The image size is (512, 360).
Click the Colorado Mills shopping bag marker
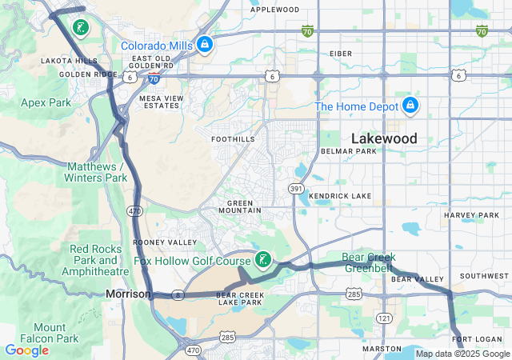(205, 44)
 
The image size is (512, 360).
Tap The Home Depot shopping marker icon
(410, 106)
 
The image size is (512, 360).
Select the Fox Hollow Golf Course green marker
(262, 259)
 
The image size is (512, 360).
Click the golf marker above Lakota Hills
(80, 28)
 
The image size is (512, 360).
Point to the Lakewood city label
(384, 138)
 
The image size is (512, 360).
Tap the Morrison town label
(127, 294)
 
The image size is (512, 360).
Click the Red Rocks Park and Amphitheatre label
(98, 260)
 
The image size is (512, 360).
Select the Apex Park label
(46, 102)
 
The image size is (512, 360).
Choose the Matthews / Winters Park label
(97, 171)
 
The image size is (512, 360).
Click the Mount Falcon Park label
(55, 333)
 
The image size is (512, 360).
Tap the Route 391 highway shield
(295, 188)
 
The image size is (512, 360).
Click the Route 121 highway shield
(384, 318)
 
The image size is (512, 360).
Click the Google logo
(26, 350)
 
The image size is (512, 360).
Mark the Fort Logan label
(477, 339)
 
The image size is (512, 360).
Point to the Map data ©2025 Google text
(462, 354)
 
